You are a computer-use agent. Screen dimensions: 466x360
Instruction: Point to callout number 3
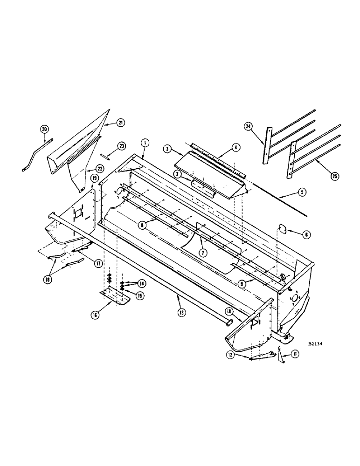pyautogui.click(x=166, y=149)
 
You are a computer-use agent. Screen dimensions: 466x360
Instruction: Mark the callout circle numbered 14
pyautogui.click(x=140, y=283)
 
